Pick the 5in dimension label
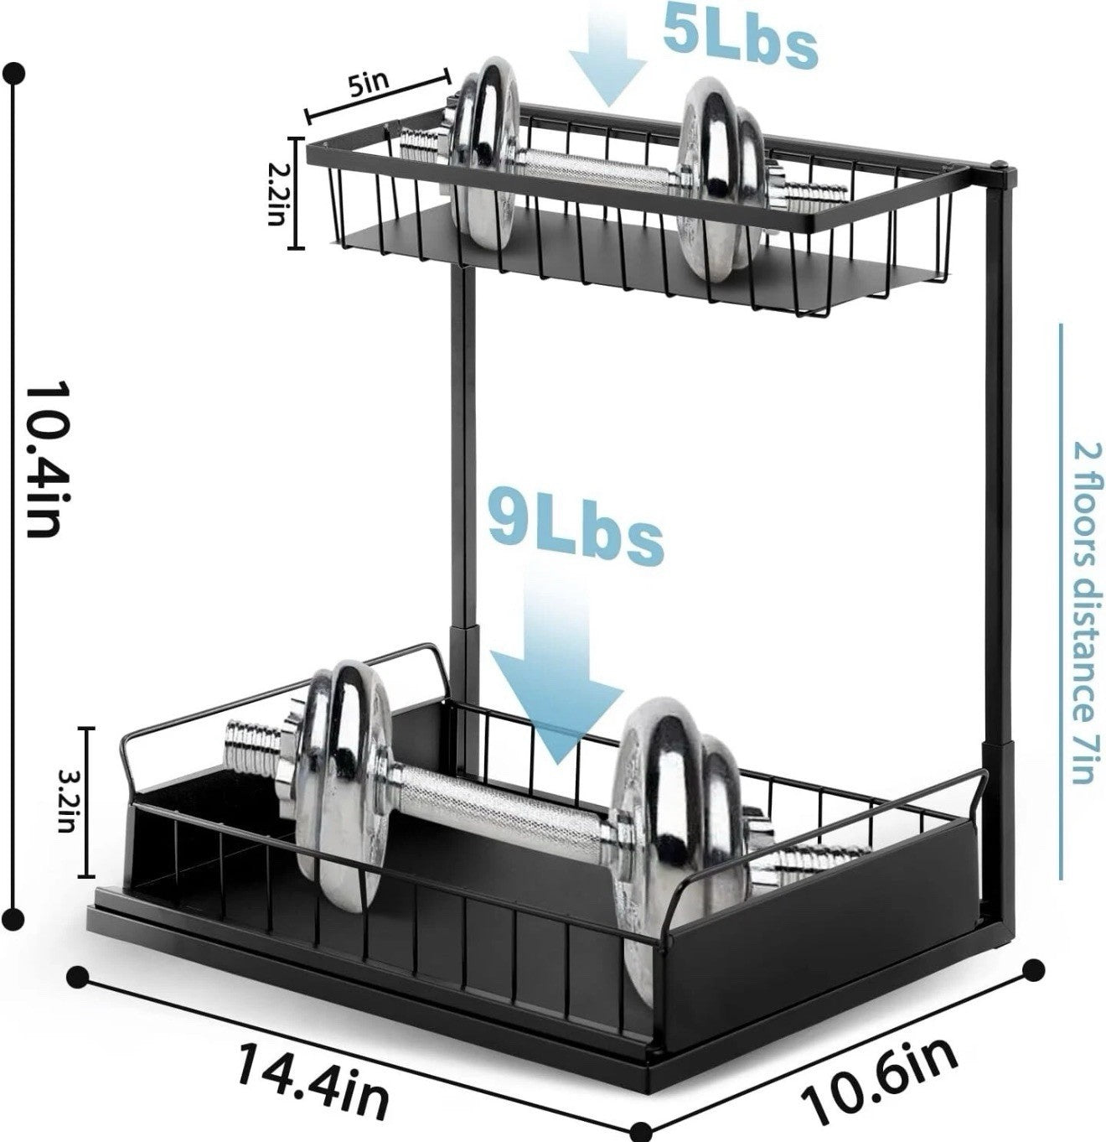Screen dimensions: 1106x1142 370,83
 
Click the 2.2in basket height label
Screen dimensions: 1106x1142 276,195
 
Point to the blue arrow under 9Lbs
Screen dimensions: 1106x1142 556,669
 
